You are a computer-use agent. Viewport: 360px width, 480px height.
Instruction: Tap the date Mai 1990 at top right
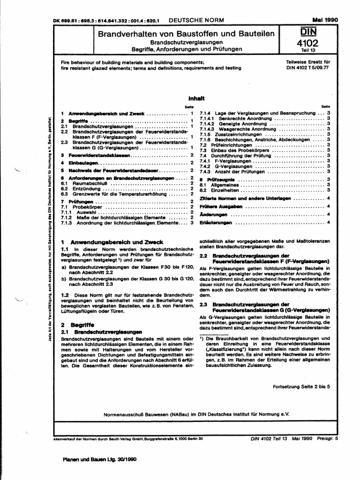pos(324,20)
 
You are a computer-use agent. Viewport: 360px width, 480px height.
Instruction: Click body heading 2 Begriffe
pos(78,324)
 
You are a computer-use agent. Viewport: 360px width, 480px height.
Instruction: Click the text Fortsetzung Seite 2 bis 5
pos(301,387)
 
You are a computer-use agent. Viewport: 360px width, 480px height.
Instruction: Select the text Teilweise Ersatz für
pos(308,62)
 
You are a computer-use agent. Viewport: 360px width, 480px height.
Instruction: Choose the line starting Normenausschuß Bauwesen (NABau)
pos(187,414)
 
